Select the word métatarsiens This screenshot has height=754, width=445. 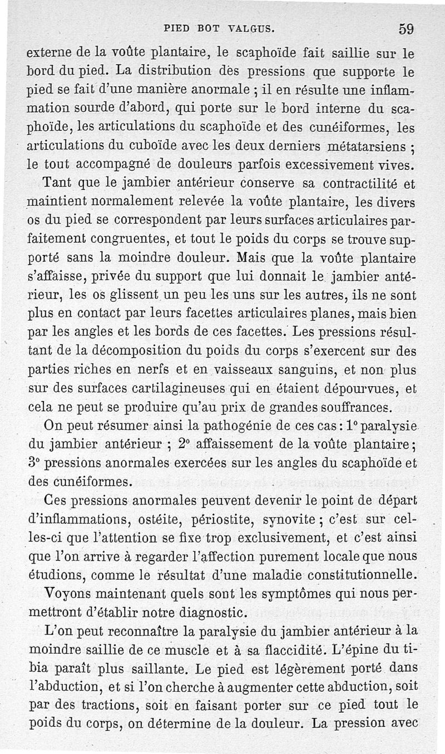[368, 147]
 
